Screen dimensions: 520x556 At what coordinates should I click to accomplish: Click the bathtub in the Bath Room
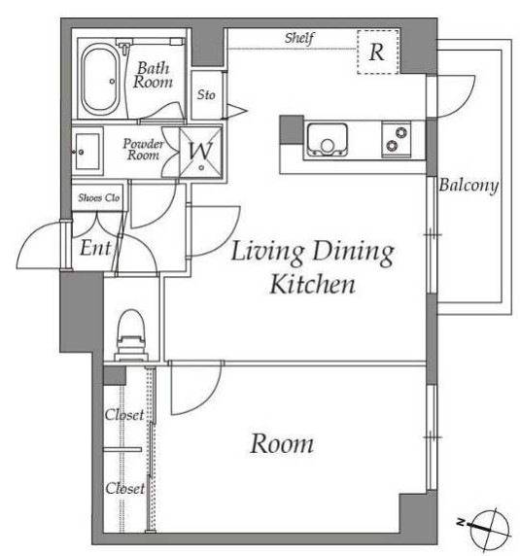tap(100, 79)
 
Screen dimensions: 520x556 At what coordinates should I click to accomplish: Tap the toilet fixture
tap(131, 335)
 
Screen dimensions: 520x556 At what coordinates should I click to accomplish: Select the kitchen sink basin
tap(327, 139)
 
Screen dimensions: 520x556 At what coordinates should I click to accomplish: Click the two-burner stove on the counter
tap(397, 139)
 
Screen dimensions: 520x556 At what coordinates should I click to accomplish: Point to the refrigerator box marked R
tap(378, 52)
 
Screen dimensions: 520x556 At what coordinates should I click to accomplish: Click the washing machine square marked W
tap(200, 152)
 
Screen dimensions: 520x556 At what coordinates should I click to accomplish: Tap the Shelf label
tap(299, 38)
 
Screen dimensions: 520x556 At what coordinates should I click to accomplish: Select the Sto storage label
tap(206, 94)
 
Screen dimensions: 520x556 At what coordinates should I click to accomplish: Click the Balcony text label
tap(468, 186)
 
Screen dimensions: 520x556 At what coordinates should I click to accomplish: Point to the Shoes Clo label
tap(99, 197)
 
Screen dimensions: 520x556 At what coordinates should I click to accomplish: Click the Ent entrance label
tap(95, 248)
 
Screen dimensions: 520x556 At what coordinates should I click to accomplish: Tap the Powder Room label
tap(143, 150)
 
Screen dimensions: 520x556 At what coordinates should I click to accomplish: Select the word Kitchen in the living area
tap(313, 285)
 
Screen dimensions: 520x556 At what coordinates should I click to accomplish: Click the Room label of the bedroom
tap(282, 443)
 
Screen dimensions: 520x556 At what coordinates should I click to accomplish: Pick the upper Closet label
tap(124, 414)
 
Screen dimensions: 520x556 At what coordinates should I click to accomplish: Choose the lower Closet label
tap(125, 488)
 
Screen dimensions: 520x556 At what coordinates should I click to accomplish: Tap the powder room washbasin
tap(87, 152)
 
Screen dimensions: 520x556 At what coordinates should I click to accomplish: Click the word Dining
tap(353, 253)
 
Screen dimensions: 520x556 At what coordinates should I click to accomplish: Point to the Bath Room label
tap(154, 75)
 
